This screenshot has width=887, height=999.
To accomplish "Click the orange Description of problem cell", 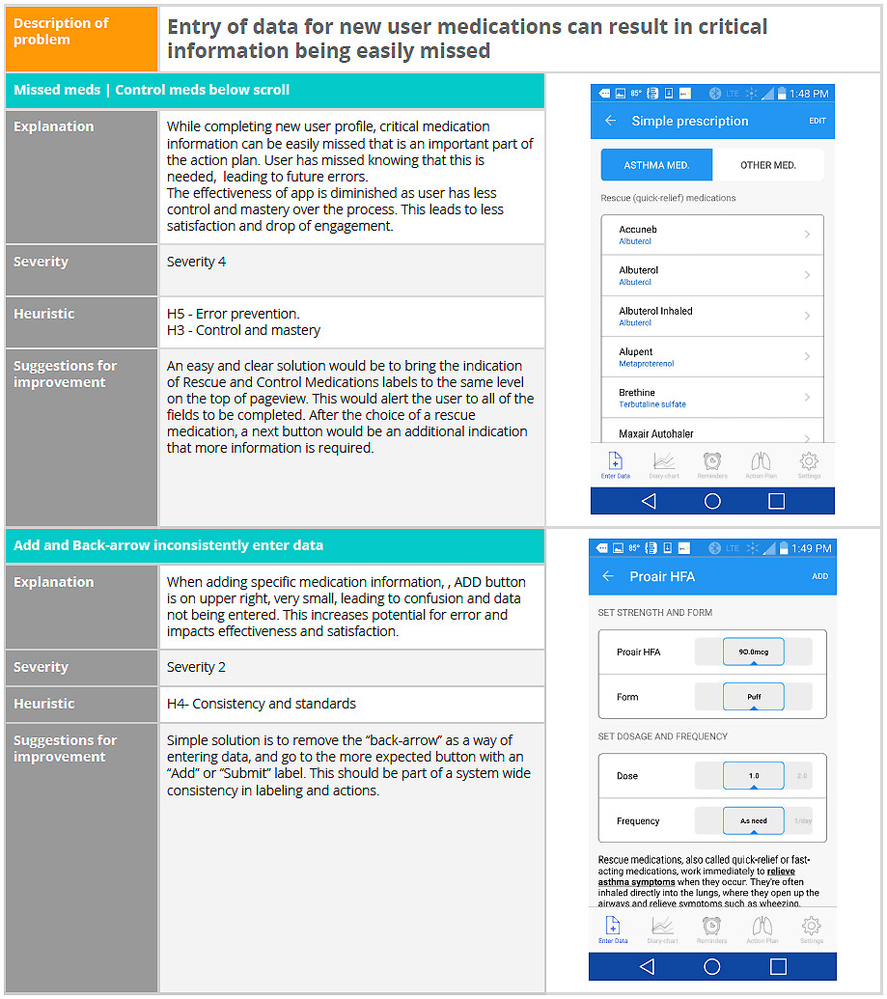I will pyautogui.click(x=81, y=39).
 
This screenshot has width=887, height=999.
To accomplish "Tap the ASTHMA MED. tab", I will pyautogui.click(x=656, y=165).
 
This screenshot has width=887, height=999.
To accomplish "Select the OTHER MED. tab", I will pyautogui.click(x=767, y=165).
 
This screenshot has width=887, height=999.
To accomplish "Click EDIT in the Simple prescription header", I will pyautogui.click(x=818, y=122).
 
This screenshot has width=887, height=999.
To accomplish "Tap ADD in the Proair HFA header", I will pyautogui.click(x=819, y=576).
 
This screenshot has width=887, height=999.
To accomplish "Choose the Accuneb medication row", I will pyautogui.click(x=712, y=235).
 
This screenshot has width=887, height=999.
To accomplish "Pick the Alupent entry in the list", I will pyautogui.click(x=712, y=356).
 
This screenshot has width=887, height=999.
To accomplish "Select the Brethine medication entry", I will pyautogui.click(x=712, y=398).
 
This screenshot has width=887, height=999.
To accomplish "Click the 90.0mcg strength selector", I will pyautogui.click(x=753, y=652).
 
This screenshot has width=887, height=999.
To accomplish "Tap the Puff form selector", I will pyautogui.click(x=753, y=696).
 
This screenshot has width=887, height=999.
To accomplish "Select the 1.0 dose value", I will pyautogui.click(x=753, y=775).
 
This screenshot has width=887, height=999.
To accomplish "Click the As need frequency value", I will pyautogui.click(x=753, y=820).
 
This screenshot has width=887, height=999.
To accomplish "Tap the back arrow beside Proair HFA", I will pyautogui.click(x=608, y=576).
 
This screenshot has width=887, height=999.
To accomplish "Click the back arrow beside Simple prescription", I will pyautogui.click(x=610, y=122).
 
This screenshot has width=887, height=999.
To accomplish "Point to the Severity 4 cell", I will pyautogui.click(x=351, y=270).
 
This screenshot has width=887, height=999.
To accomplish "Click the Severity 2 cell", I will pyautogui.click(x=351, y=667).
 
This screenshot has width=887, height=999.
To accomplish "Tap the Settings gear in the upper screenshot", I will pyautogui.click(x=809, y=464).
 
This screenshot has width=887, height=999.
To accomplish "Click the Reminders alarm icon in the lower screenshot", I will pyautogui.click(x=711, y=929).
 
